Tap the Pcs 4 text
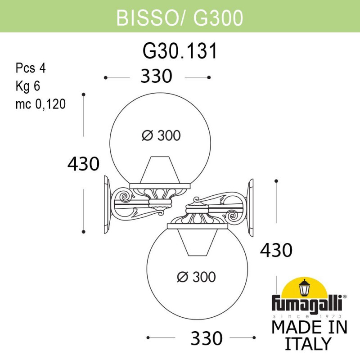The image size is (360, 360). (31, 68)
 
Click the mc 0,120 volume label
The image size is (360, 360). (40, 104)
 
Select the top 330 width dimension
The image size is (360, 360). (156, 77)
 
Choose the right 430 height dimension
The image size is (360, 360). (276, 249)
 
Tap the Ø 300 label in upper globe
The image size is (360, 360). (161, 135)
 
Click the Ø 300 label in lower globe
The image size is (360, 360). (196, 277)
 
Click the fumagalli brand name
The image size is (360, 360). (306, 302)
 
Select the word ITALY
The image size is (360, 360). (308, 344)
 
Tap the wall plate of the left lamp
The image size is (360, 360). (107, 205)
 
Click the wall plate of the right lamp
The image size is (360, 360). (250, 206)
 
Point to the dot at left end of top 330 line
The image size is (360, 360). (105, 78)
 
